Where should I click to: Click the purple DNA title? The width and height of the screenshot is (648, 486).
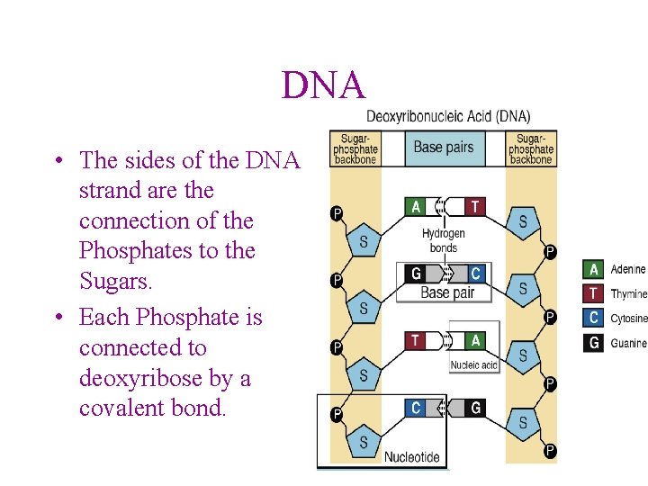tap(324, 85)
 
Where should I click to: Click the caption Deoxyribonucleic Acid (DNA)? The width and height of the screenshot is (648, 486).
tap(448, 116)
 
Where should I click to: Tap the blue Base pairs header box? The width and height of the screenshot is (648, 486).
tap(443, 147)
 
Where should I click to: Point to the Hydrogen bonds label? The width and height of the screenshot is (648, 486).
tap(443, 240)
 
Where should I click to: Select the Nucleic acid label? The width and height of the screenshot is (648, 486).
tap(473, 365)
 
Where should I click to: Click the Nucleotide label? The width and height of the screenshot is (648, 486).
tap(412, 456)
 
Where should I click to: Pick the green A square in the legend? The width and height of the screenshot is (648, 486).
tap(593, 269)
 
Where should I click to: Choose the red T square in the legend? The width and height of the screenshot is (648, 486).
tap(593, 293)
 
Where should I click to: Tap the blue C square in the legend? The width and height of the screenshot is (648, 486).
tap(593, 318)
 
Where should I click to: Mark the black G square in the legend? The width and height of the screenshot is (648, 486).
tap(593, 342)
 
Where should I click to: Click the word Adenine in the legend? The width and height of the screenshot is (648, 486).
tap(628, 269)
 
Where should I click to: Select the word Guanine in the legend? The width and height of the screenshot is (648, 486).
tap(628, 343)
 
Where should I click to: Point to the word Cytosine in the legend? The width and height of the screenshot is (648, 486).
tap(629, 319)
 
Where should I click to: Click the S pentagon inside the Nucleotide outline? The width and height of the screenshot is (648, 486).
tap(364, 442)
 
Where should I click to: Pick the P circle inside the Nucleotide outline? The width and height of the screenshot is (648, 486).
tap(336, 415)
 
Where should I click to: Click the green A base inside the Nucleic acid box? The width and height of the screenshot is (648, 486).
tap(474, 340)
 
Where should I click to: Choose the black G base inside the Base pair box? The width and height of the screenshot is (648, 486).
tap(416, 274)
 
